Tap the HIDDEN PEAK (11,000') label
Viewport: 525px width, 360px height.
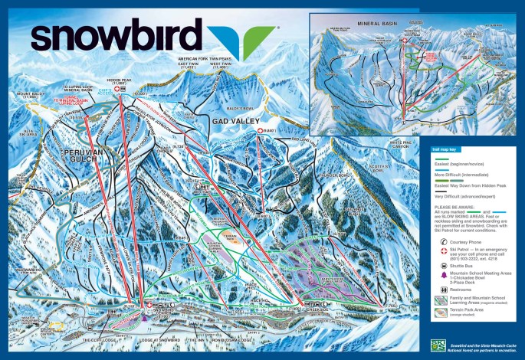pos(116,80)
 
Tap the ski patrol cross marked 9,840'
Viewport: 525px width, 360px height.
pos(261,131)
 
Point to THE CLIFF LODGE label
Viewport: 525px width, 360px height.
pos(100,338)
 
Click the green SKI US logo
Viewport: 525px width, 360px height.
pos(438,345)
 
